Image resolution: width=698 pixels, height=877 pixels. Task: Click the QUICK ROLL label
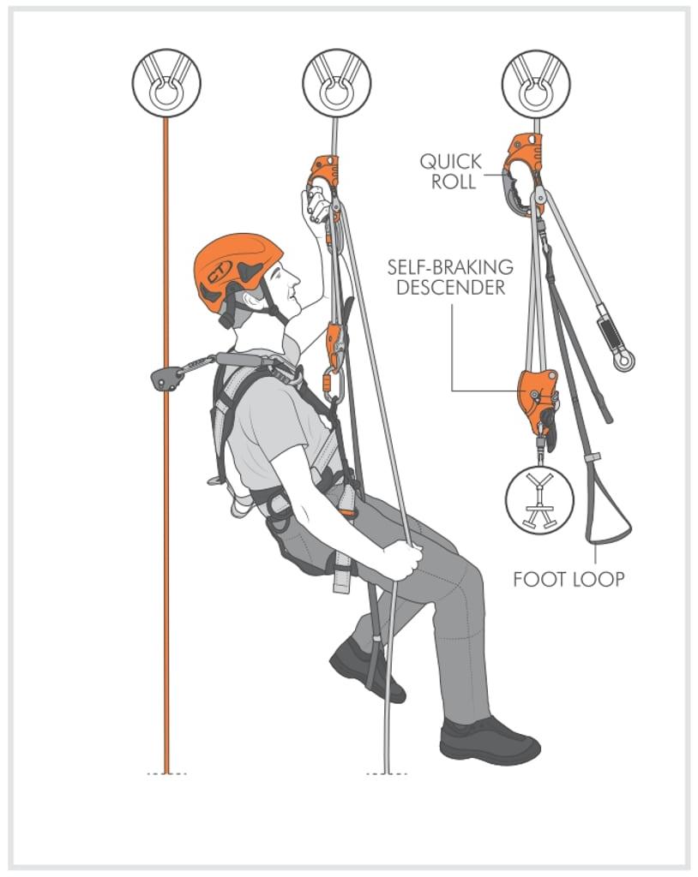point(450,170)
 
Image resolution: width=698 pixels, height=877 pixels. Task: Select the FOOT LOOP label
point(569,579)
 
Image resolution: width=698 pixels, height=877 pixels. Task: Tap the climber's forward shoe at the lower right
point(490,739)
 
